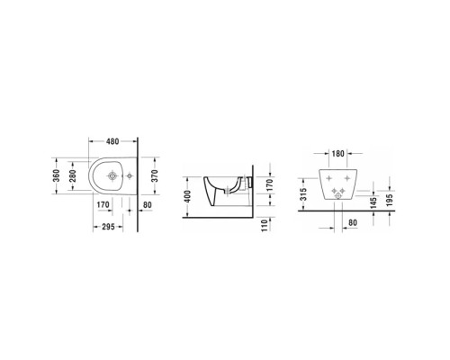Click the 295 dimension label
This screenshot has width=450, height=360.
(112, 226)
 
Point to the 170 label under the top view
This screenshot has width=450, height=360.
(103, 204)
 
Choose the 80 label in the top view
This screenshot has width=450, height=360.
(147, 204)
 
